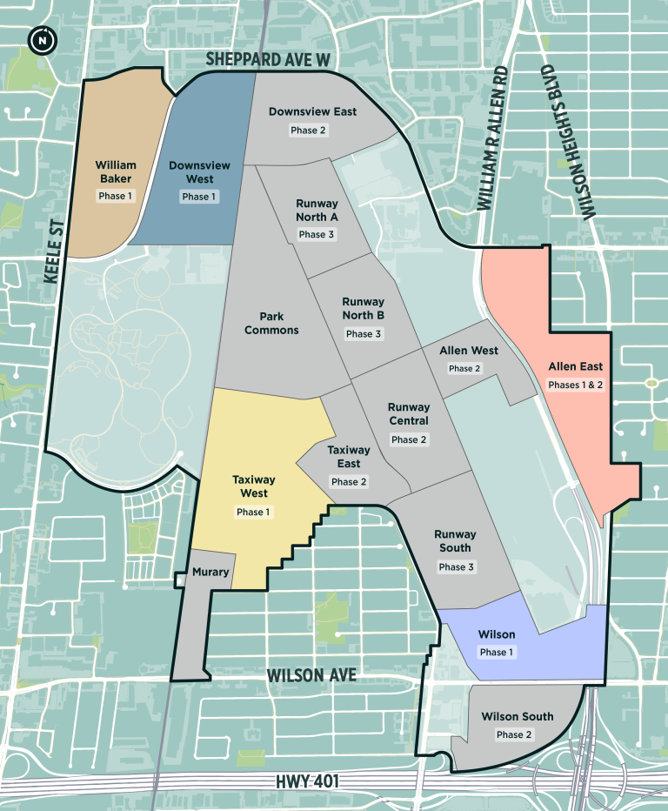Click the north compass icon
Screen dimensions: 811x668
click(x=40, y=39)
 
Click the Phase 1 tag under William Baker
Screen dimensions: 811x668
click(x=115, y=196)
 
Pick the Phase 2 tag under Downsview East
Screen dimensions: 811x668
click(x=308, y=130)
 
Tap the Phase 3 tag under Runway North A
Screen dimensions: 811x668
click(x=317, y=234)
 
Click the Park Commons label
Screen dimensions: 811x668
click(x=271, y=324)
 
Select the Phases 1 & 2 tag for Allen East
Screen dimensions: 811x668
click(x=575, y=384)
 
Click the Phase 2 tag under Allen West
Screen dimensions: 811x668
click(x=464, y=368)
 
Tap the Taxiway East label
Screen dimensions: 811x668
click(x=349, y=457)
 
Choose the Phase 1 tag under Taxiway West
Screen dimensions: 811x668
click(x=254, y=512)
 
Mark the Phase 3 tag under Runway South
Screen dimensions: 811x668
click(x=456, y=566)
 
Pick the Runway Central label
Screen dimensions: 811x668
click(x=409, y=413)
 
